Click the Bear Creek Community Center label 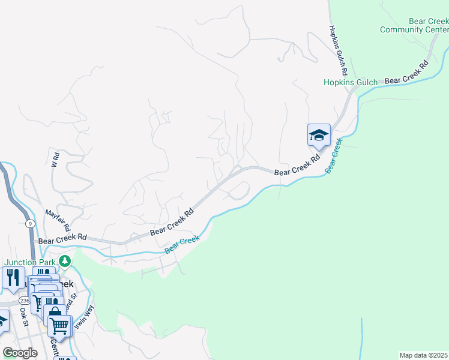[x=415, y=25]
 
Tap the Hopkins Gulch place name [x=351, y=83]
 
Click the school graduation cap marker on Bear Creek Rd [x=319, y=135]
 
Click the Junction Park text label [x=31, y=262]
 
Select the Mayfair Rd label [x=58, y=221]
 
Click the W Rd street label [x=55, y=160]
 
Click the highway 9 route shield [x=30, y=224]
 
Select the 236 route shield [x=24, y=300]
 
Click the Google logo [x=20, y=352]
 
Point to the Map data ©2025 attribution [x=424, y=355]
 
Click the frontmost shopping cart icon [x=59, y=326]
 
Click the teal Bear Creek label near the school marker [x=333, y=157]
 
